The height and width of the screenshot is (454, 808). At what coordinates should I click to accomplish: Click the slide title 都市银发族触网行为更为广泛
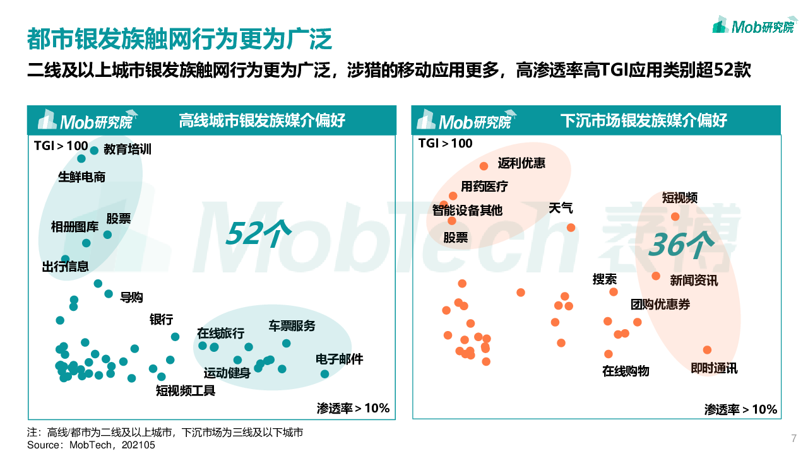pyautogui.click(x=179, y=39)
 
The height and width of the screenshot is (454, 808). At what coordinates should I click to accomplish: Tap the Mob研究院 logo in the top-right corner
pyautogui.click(x=753, y=26)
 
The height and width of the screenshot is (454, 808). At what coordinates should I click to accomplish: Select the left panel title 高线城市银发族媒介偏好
pyautogui.click(x=262, y=120)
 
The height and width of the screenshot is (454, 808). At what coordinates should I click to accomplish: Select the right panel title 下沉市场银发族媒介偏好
pyautogui.click(x=644, y=120)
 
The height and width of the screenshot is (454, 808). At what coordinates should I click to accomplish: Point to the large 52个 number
pyautogui.click(x=258, y=233)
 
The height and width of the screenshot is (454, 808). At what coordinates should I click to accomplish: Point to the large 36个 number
pyautogui.click(x=680, y=244)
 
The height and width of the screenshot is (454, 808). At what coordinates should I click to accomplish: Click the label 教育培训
pyautogui.click(x=128, y=150)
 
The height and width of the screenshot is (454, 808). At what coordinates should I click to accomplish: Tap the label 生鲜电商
pyautogui.click(x=82, y=177)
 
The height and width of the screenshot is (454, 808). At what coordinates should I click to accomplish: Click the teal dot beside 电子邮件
pyautogui.click(x=324, y=374)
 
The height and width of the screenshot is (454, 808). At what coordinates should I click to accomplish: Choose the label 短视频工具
pyautogui.click(x=186, y=391)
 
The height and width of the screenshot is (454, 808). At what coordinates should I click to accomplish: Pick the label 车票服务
pyautogui.click(x=292, y=326)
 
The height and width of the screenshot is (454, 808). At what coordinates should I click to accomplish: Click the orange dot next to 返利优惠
pyautogui.click(x=484, y=166)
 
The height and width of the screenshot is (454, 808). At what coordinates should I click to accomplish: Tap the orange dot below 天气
pyautogui.click(x=571, y=228)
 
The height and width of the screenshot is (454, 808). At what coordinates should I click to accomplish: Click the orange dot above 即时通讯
pyautogui.click(x=707, y=350)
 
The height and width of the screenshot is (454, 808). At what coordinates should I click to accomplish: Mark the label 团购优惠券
pyautogui.click(x=660, y=305)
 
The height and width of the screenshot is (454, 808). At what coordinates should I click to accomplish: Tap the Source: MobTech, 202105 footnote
pyautogui.click(x=91, y=445)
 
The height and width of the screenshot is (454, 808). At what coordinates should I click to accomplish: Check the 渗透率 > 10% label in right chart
pyautogui.click(x=740, y=410)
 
